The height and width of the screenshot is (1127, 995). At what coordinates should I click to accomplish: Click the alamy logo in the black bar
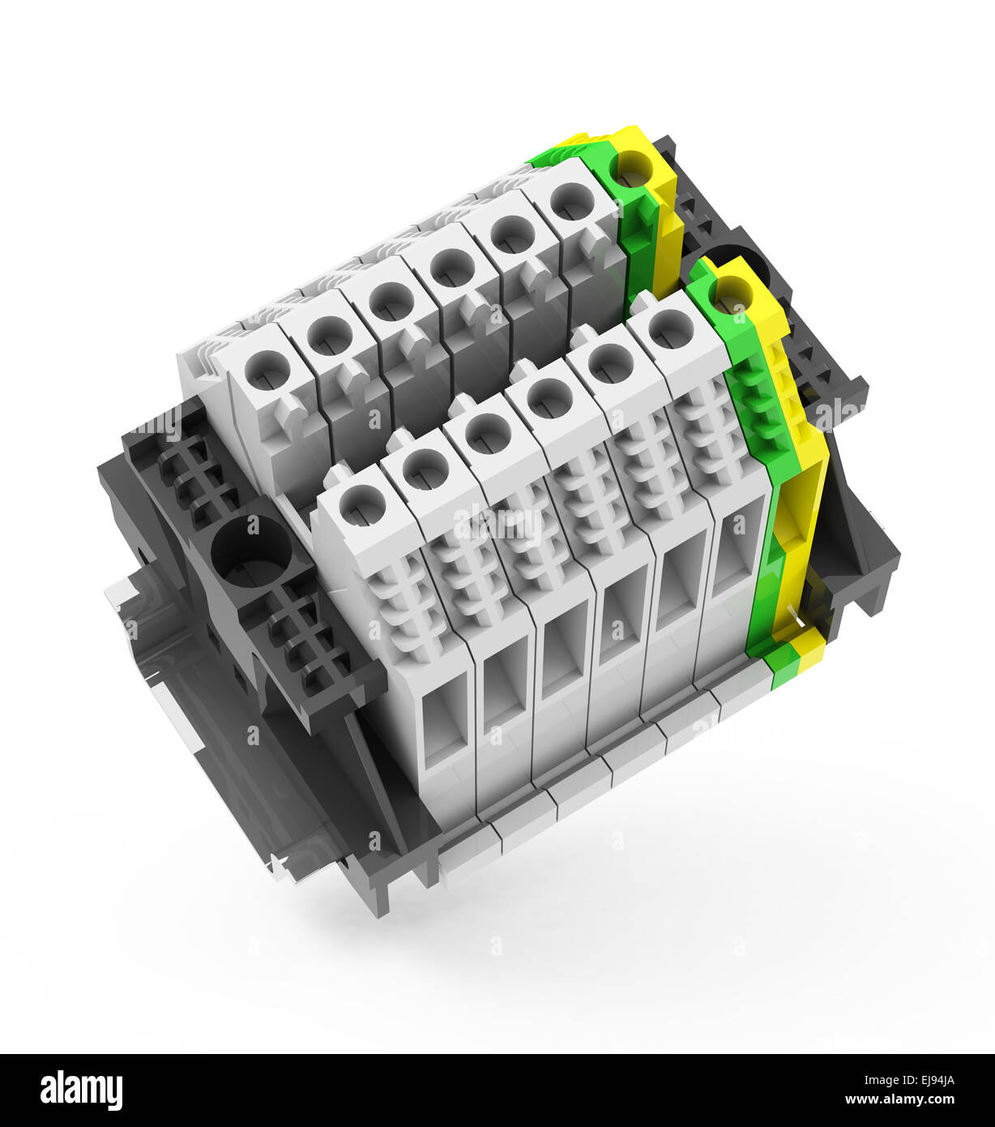click(x=81, y=1091)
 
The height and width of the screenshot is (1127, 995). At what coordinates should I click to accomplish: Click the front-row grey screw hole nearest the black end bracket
click(x=361, y=505)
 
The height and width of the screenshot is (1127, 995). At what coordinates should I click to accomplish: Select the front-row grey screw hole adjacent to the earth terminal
click(x=671, y=328)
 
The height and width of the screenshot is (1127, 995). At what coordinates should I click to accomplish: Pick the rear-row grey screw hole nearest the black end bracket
click(x=267, y=370)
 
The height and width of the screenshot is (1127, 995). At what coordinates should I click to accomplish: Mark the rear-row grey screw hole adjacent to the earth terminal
click(x=572, y=200)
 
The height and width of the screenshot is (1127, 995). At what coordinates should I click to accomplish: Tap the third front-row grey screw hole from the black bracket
click(x=488, y=433)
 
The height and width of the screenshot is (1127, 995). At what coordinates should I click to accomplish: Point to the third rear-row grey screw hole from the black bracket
click(x=391, y=300)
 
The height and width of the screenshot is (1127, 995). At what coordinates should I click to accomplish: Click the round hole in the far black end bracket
click(x=741, y=264)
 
